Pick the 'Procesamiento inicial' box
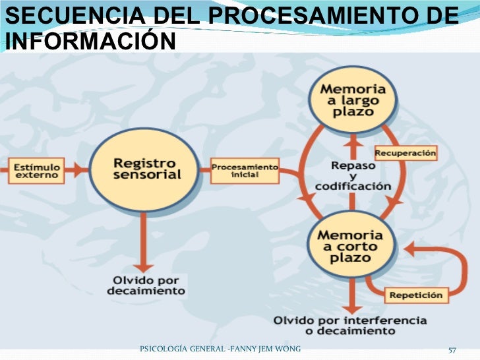point(245,169)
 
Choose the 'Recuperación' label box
point(405,153)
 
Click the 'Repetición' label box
point(415,294)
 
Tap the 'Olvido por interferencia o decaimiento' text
point(350,325)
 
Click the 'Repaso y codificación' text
point(353,175)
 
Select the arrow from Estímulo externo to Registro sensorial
point(76,169)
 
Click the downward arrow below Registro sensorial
point(144,244)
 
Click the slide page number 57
point(452,348)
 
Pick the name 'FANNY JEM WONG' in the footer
point(267,347)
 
